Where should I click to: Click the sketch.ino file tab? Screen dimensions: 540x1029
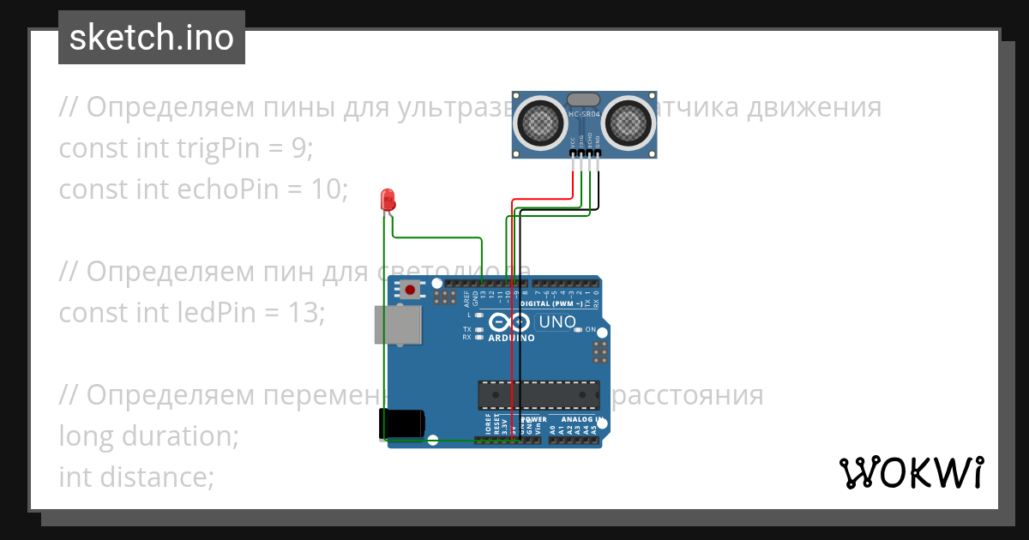pyautogui.click(x=152, y=38)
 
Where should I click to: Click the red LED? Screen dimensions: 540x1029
pyautogui.click(x=388, y=199)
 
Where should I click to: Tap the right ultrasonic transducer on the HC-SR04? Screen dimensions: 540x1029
pyautogui.click(x=628, y=122)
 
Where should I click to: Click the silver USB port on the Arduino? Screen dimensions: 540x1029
pyautogui.click(x=399, y=325)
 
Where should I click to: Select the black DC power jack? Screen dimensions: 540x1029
pyautogui.click(x=401, y=423)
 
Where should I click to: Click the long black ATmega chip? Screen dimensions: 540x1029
pyautogui.click(x=539, y=394)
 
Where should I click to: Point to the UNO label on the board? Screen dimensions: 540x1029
pyautogui.click(x=555, y=322)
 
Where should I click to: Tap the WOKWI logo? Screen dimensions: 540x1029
pyautogui.click(x=911, y=472)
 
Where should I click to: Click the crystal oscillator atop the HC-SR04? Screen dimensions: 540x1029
pyautogui.click(x=584, y=100)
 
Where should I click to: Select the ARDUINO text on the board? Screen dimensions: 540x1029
pyautogui.click(x=511, y=338)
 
